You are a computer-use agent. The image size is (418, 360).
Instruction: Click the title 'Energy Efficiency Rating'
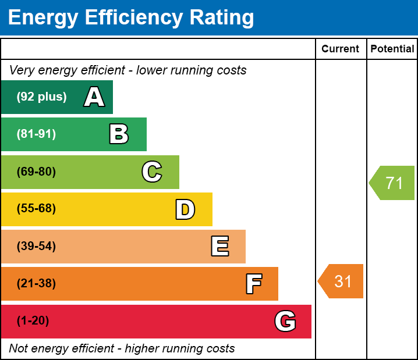tap(131, 18)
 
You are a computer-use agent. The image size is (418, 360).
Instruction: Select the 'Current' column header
tap(340, 49)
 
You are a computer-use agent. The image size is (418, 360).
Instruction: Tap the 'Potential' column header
tap(392, 49)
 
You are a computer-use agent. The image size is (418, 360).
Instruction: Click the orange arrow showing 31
tap(341, 281)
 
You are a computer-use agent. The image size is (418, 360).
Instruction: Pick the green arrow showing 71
tap(392, 183)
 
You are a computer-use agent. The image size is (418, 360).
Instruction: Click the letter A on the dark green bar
tap(94, 97)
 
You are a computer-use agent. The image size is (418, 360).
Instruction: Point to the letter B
tap(119, 134)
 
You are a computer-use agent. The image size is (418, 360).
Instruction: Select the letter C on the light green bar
tap(152, 172)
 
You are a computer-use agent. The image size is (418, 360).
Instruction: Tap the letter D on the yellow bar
tap(185, 209)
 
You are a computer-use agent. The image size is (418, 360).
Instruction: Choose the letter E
tap(219, 247)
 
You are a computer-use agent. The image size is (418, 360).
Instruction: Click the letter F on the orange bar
tap(253, 284)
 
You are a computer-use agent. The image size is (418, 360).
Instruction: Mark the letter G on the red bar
tap(285, 321)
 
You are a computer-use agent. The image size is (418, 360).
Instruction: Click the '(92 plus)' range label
tap(41, 97)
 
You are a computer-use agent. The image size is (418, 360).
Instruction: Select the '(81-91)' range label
tap(36, 134)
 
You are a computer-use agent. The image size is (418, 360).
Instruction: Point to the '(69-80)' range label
tap(36, 172)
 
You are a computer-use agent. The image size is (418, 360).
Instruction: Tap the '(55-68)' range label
tap(36, 209)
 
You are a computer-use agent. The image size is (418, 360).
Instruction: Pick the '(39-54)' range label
tap(36, 247)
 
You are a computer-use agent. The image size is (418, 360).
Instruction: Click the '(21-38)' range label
tap(36, 284)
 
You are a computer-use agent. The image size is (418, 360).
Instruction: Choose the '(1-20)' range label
tap(33, 321)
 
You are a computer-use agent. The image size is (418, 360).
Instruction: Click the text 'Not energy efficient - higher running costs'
tap(122, 348)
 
